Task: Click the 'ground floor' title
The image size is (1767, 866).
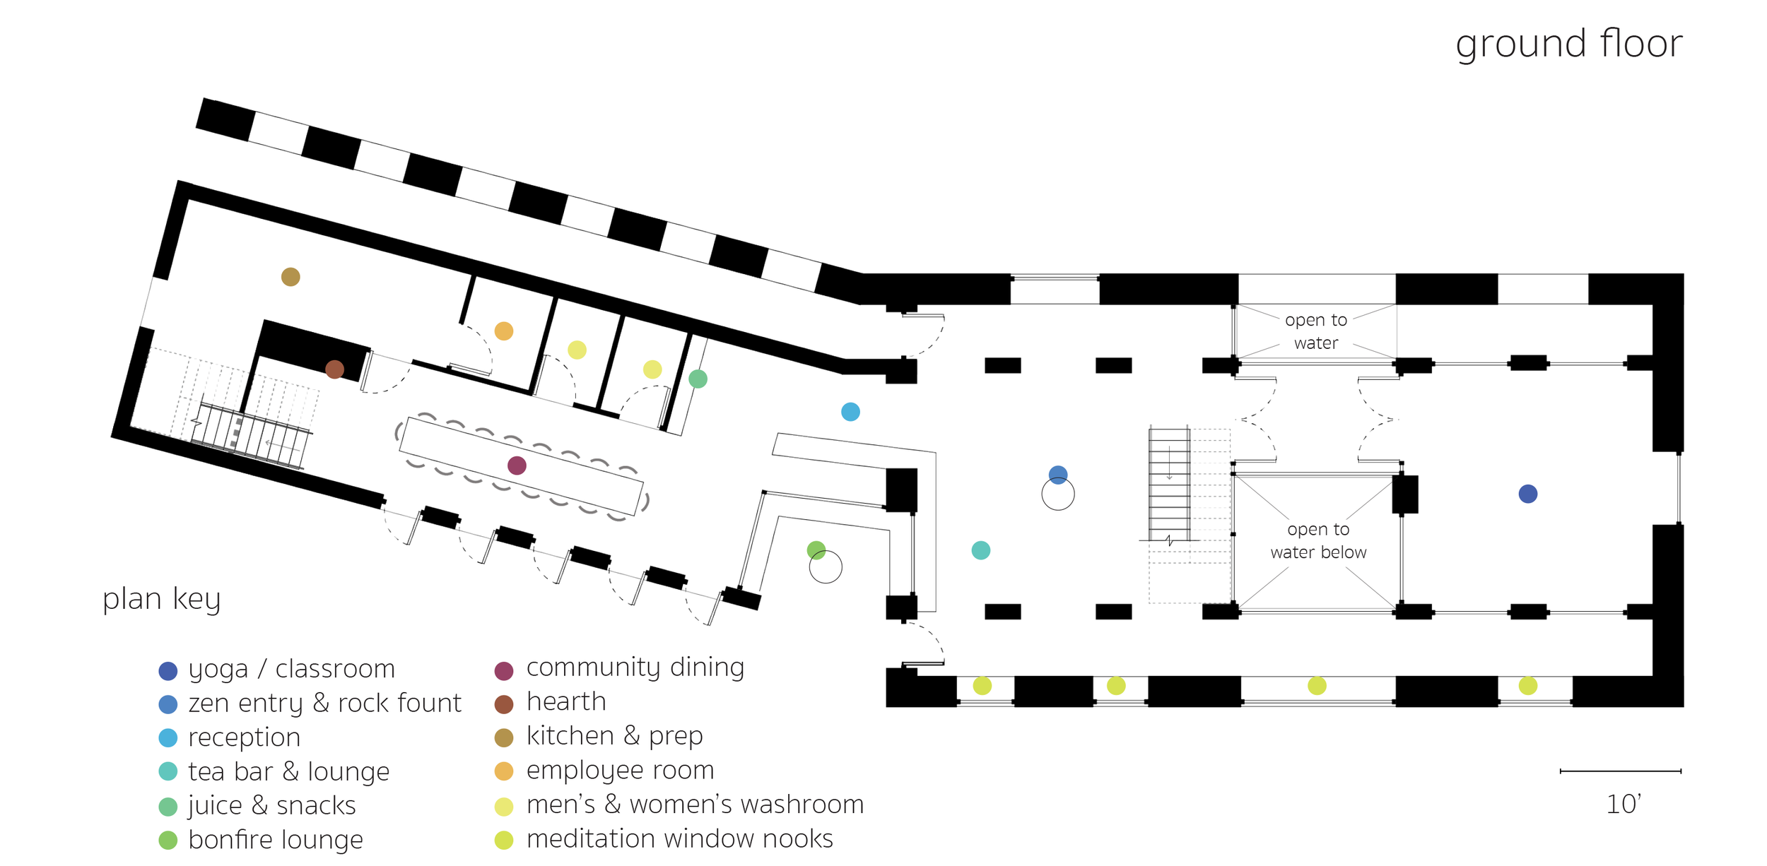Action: pyautogui.click(x=1568, y=44)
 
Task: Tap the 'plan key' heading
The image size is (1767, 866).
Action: pyautogui.click(x=161, y=598)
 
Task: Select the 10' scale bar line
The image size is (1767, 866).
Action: pyautogui.click(x=1620, y=771)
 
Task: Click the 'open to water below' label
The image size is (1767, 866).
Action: pyautogui.click(x=1318, y=540)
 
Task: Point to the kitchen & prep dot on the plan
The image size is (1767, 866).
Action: pyautogui.click(x=290, y=277)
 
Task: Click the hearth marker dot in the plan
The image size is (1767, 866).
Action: pyautogui.click(x=334, y=369)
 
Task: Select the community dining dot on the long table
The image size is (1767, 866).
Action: pyautogui.click(x=517, y=465)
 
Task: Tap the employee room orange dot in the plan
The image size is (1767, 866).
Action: pyautogui.click(x=503, y=331)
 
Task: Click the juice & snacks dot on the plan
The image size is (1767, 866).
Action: pyautogui.click(x=698, y=379)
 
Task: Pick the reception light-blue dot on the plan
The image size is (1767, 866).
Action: pyautogui.click(x=850, y=412)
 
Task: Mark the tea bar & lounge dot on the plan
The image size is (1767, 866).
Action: pyautogui.click(x=980, y=550)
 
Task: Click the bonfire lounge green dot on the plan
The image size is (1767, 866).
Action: pyautogui.click(x=816, y=550)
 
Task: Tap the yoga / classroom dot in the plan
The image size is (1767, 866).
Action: pyautogui.click(x=1527, y=494)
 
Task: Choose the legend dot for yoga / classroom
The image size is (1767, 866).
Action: pyautogui.click(x=168, y=670)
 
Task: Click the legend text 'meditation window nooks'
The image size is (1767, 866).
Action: pyautogui.click(x=679, y=838)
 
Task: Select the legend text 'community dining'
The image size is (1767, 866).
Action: pyautogui.click(x=635, y=668)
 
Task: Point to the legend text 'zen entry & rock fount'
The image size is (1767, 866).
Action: pyautogui.click(x=324, y=704)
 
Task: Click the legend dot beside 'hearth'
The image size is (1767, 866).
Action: pyautogui.click(x=503, y=704)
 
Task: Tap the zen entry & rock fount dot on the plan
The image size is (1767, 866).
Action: pyautogui.click(x=1057, y=475)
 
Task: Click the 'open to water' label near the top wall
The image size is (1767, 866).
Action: pyautogui.click(x=1315, y=331)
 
